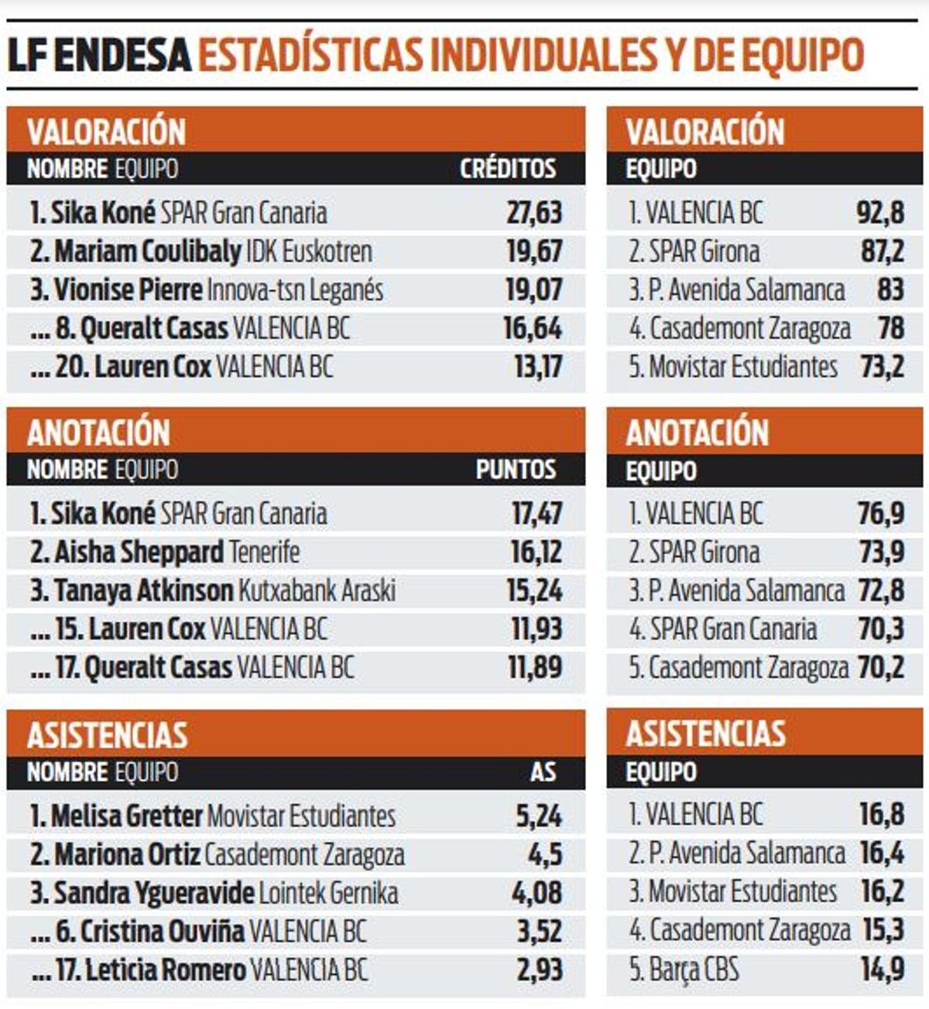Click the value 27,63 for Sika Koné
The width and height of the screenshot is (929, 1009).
[534, 213]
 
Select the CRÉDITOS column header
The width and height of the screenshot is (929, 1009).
[508, 169]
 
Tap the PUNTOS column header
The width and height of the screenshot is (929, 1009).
[516, 470]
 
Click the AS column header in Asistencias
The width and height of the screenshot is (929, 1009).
[543, 771]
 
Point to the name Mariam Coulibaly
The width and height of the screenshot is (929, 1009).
[148, 251]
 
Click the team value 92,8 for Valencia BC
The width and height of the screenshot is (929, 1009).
[880, 213]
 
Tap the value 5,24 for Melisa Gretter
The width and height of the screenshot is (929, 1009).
[539, 816]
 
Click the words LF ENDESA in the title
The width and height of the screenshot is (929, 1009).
[99, 56]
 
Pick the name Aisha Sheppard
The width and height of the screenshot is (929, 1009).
[139, 552]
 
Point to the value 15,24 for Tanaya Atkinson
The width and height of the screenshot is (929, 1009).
[534, 591]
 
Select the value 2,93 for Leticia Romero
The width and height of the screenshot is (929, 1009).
[539, 970]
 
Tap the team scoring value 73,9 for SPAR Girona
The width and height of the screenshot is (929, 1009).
[880, 552]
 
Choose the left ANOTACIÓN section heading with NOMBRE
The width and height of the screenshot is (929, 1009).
[98, 433]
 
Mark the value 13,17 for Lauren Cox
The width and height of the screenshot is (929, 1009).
[538, 367]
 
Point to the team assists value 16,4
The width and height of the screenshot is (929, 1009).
[881, 853]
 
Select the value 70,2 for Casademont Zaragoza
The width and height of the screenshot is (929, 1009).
[880, 668]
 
